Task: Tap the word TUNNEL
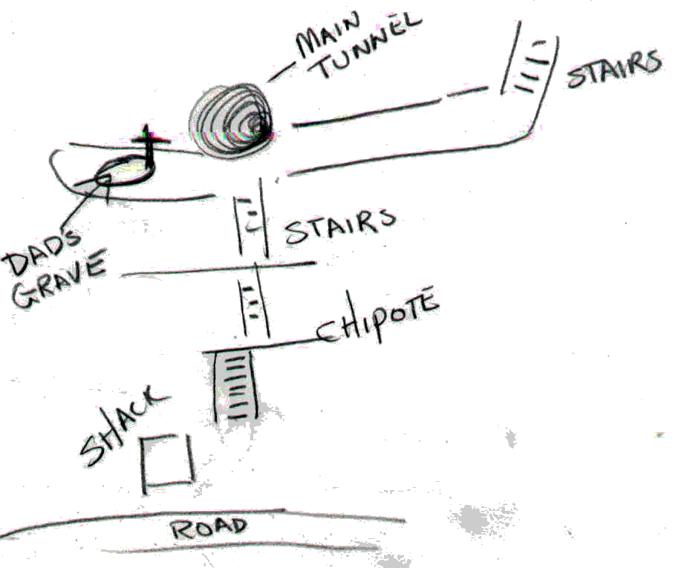point(369,48)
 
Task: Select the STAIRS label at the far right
point(613,69)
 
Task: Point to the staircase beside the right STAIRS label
point(529,65)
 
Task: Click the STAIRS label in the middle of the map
point(340,226)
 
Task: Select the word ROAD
point(209,528)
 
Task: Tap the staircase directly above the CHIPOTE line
point(255,301)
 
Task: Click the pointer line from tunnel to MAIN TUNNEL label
point(283,71)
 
